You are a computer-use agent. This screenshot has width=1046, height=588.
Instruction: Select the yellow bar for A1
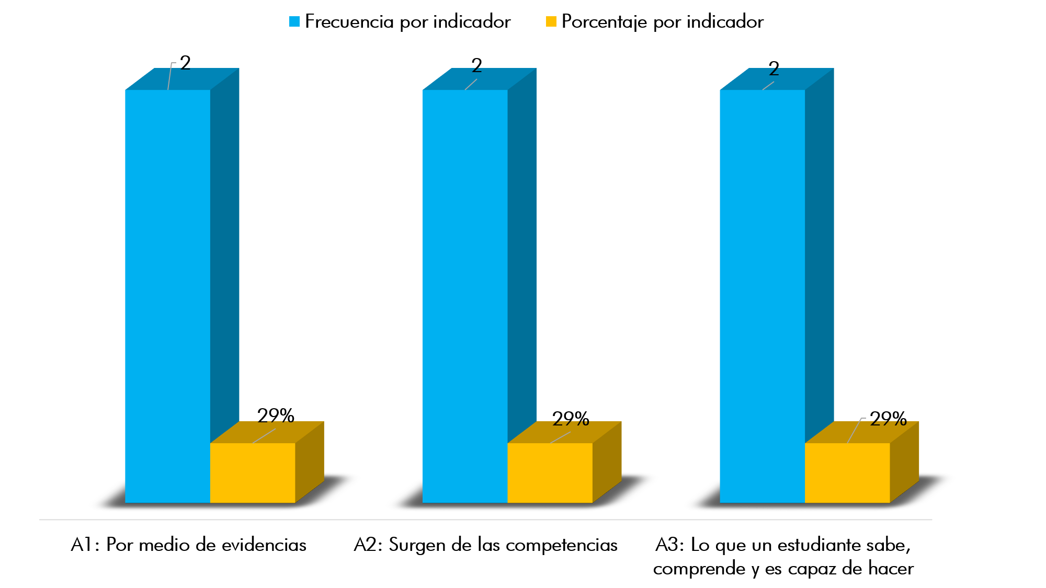[253, 472]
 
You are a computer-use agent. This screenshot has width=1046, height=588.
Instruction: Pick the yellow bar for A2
[550, 472]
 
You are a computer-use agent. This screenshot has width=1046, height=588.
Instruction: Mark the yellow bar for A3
[847, 472]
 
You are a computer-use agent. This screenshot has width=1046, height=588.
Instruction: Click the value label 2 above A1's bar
[185, 63]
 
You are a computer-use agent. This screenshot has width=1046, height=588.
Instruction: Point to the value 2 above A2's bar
[476, 66]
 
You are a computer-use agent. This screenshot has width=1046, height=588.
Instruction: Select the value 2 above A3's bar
[774, 68]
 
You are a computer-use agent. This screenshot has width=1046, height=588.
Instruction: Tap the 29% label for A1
[276, 416]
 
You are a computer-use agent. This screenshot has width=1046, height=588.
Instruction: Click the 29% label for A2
[571, 419]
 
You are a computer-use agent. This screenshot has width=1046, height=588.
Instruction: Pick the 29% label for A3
[888, 419]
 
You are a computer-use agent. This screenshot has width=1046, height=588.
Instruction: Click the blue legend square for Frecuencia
[294, 21]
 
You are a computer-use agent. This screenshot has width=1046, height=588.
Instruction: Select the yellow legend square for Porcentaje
[551, 21]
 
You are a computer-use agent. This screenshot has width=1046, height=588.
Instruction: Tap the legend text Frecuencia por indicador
[407, 21]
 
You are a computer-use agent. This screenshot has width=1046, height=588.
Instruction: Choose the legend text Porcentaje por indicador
[662, 21]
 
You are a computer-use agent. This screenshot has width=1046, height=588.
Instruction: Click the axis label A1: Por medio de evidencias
[188, 545]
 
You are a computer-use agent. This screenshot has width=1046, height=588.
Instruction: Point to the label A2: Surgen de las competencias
[485, 545]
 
